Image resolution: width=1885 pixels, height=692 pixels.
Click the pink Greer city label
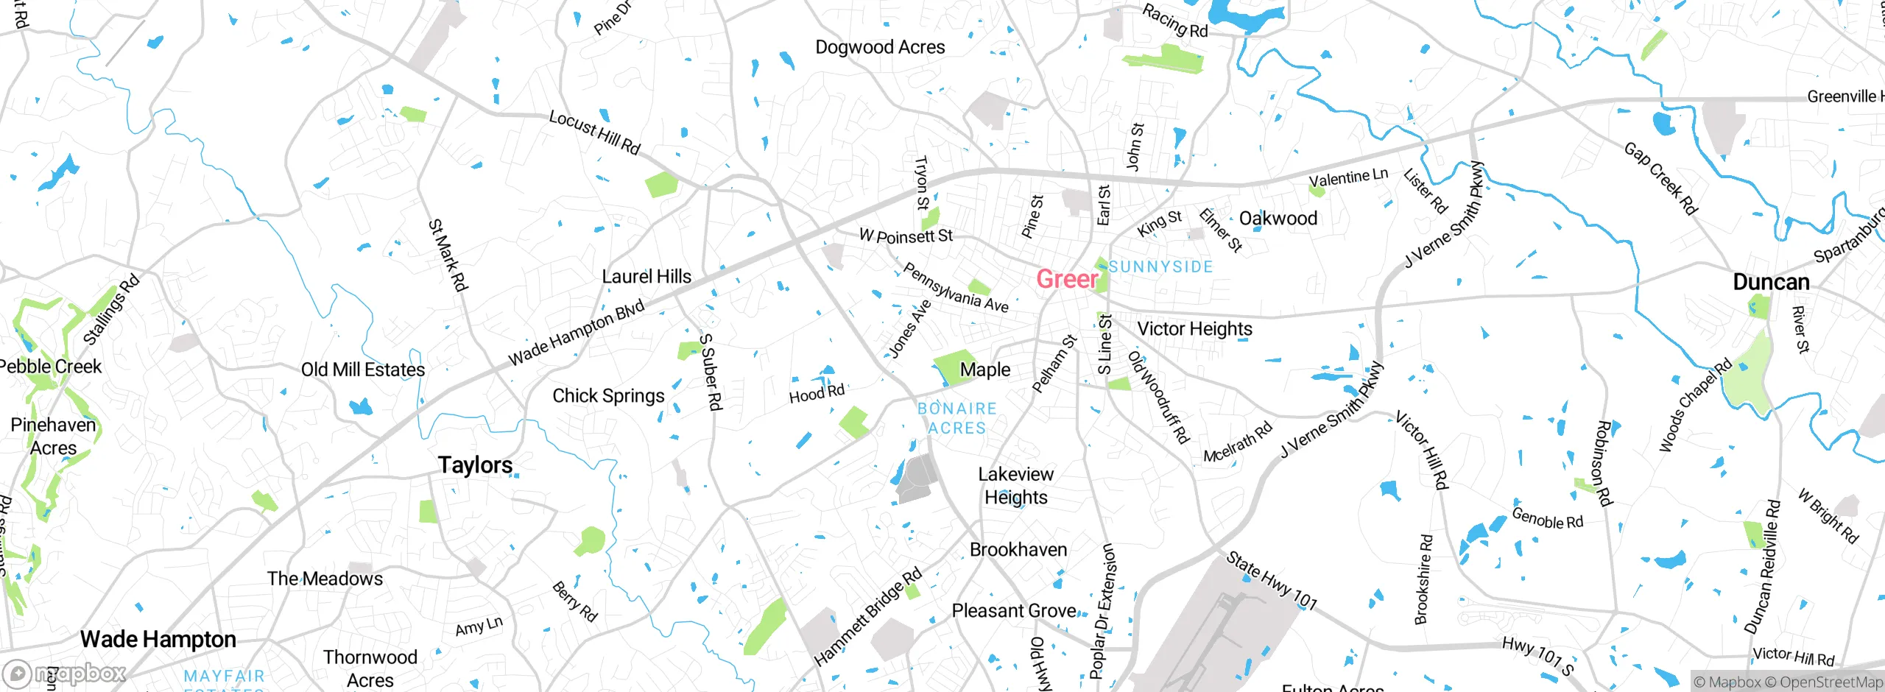1067,279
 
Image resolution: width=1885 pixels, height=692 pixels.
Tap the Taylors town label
475,465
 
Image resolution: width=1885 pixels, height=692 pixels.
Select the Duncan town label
1771,282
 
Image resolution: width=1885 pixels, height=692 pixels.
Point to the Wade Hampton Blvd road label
577,333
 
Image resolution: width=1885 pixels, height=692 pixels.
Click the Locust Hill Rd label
594,133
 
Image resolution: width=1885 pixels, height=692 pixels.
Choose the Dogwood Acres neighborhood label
880,47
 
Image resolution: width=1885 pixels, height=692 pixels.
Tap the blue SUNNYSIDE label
1160,266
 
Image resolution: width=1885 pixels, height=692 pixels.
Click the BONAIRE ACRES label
956,418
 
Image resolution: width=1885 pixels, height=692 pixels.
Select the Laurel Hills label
646,277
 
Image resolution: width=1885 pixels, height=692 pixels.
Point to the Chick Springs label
608,396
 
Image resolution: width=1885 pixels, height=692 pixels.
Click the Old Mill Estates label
363,370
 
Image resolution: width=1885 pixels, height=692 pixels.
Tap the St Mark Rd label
448,255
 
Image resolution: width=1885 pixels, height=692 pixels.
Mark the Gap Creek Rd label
1660,179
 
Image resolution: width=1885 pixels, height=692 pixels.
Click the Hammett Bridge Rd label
867,617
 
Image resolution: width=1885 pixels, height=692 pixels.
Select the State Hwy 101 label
1272,580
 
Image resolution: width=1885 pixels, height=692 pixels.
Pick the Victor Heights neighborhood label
1194,329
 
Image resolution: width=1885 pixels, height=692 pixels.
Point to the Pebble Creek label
50,367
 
